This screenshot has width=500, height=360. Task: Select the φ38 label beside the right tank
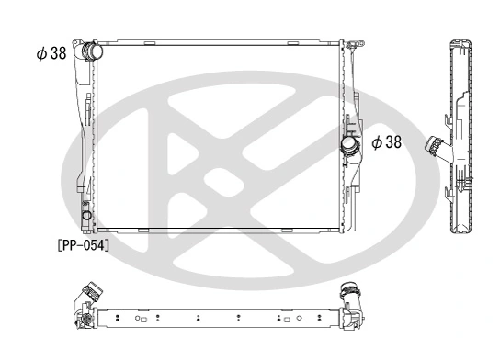[x=386, y=141]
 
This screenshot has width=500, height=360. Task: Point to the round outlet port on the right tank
[x=350, y=144]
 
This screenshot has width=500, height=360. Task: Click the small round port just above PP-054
[x=87, y=216]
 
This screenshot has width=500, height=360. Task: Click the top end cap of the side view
[x=460, y=44]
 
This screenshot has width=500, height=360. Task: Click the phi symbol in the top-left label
[x=40, y=53]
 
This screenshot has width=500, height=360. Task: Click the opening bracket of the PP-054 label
[x=59, y=245]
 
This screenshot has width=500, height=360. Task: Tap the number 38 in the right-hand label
[x=392, y=141]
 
